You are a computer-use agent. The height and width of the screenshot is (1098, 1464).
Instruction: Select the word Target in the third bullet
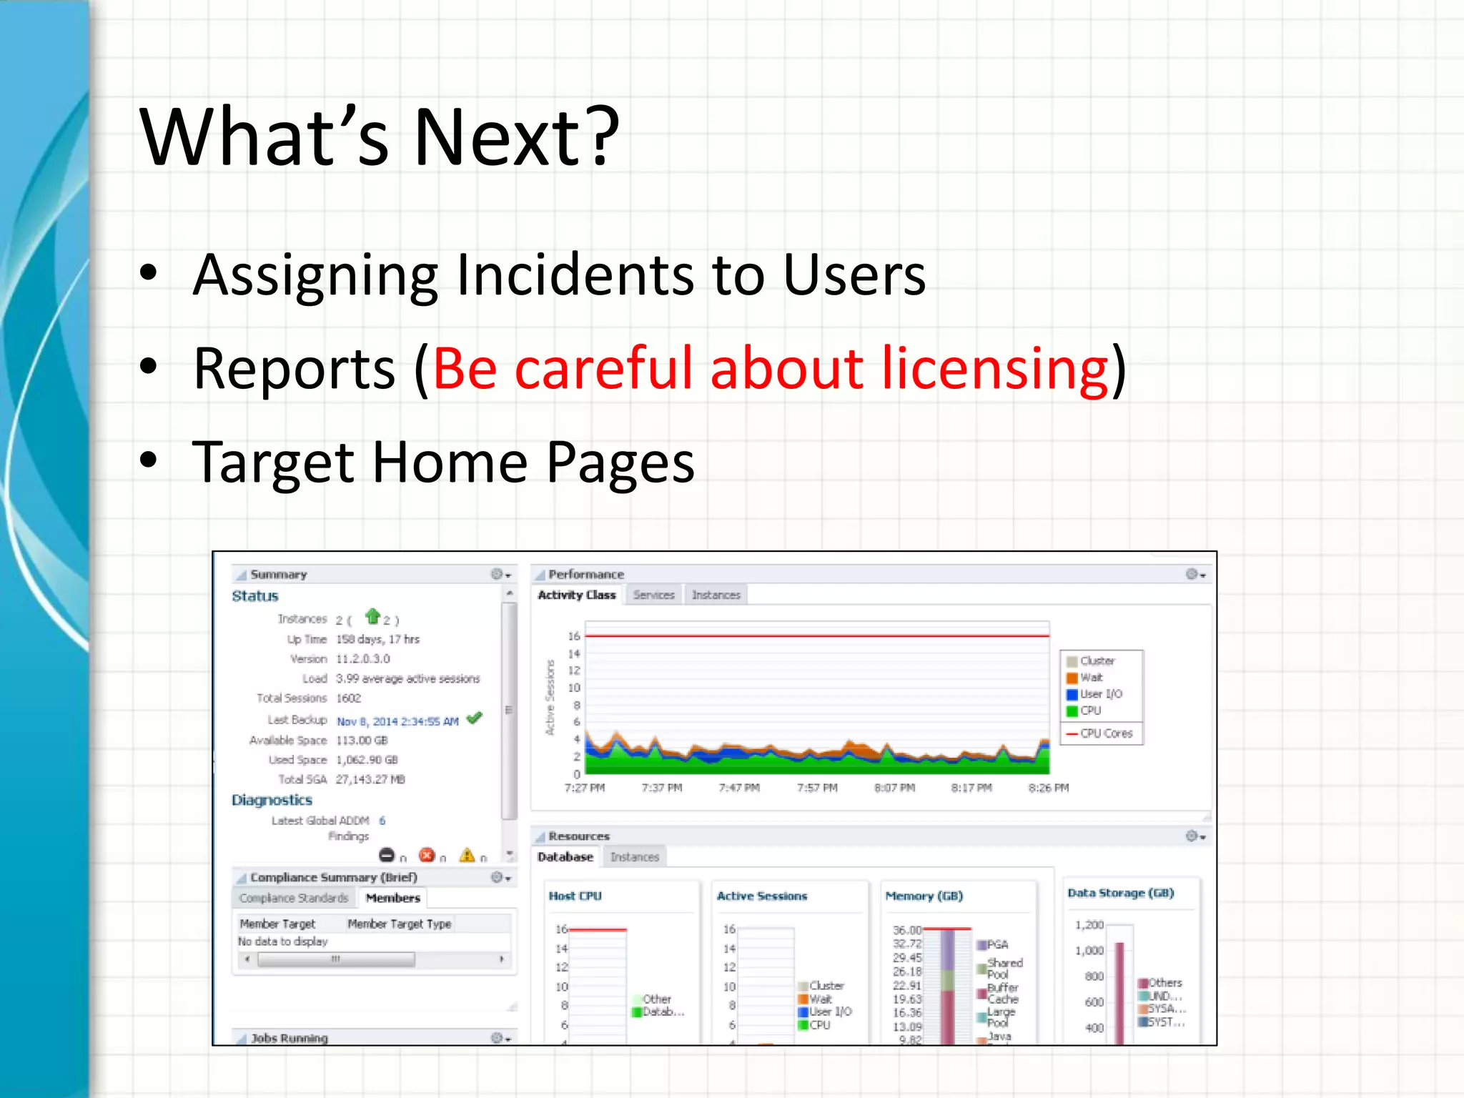(x=272, y=463)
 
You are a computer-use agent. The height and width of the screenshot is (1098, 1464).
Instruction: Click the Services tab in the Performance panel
(x=653, y=595)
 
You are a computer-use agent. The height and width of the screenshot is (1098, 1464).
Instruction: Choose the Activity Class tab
(x=576, y=595)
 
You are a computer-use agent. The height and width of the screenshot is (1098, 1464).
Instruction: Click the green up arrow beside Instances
(x=372, y=616)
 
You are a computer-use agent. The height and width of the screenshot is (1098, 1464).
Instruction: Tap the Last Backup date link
(x=397, y=721)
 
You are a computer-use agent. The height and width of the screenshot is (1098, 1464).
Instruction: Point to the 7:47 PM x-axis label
(x=739, y=788)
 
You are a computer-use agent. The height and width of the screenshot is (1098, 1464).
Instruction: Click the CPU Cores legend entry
(x=1106, y=733)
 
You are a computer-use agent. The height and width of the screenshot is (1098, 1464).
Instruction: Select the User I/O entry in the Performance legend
(x=1100, y=694)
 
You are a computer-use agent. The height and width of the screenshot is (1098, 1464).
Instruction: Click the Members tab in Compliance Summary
(x=392, y=898)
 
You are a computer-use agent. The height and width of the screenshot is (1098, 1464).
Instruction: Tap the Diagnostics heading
(x=272, y=800)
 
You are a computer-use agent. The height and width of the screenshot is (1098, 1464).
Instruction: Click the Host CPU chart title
(x=575, y=896)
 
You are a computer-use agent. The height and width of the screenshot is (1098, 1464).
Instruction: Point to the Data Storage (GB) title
(x=1120, y=893)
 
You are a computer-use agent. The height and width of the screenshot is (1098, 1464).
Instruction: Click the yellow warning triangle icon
(x=467, y=855)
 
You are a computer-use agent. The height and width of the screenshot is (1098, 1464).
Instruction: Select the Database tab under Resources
(x=565, y=856)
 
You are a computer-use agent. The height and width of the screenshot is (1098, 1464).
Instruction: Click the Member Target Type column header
(x=399, y=924)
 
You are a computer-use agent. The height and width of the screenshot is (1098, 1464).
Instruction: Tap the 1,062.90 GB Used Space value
(x=367, y=760)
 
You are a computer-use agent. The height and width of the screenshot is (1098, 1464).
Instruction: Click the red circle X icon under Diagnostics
(x=427, y=855)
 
